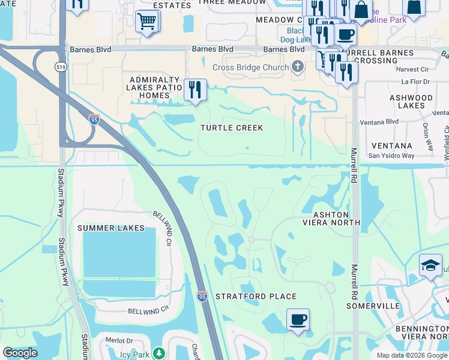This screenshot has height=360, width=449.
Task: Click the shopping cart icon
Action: (146, 22)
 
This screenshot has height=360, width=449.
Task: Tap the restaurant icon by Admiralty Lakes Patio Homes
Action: (195, 90)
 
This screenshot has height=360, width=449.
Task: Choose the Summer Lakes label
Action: (111, 228)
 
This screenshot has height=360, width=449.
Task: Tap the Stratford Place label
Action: (256, 296)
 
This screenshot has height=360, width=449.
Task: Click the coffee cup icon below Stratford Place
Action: (298, 319)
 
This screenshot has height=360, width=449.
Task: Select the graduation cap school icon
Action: (430, 266)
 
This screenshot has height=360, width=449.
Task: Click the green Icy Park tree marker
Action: (158, 353)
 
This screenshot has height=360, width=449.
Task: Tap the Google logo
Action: (20, 352)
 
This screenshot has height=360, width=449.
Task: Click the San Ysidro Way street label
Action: (391, 156)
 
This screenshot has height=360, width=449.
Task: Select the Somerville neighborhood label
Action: (373, 306)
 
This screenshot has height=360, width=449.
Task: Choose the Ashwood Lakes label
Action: (411, 101)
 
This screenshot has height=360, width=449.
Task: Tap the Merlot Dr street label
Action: (118, 340)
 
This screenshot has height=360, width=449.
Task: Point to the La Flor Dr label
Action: (416, 82)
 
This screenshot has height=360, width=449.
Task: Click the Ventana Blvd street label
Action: (379, 122)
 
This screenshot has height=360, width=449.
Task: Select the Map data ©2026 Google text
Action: (411, 355)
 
